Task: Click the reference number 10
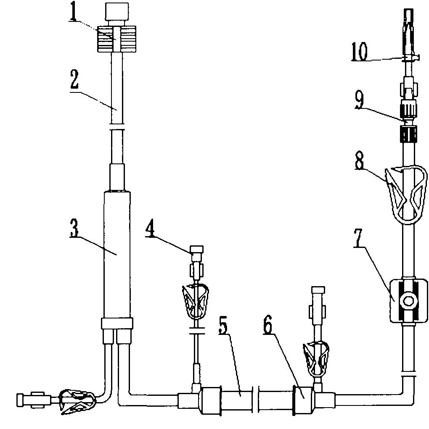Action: click(360, 53)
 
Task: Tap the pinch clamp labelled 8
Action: click(406, 193)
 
